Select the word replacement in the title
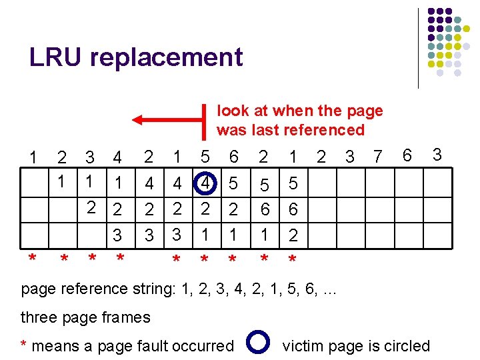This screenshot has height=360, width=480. tap(166, 58)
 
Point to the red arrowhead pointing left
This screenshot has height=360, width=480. tap(137, 120)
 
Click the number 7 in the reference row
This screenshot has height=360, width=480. tap(377, 157)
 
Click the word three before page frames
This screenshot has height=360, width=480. tap(41, 317)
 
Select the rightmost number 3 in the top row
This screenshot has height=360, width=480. tap(437, 155)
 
